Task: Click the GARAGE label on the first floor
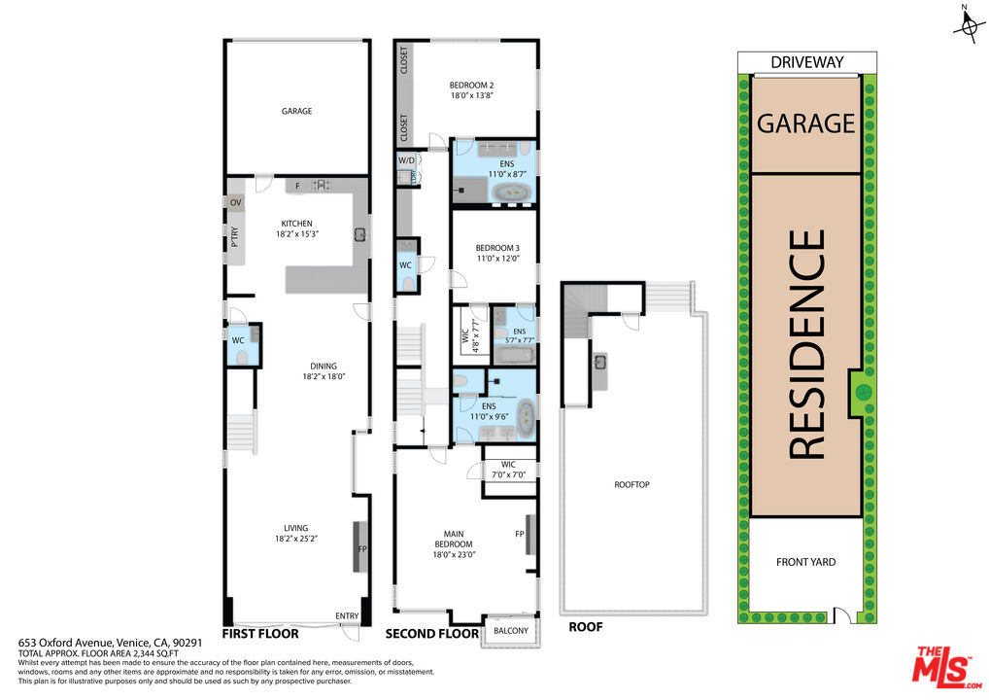pos(296,112)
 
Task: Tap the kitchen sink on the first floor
pos(359,233)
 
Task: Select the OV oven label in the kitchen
pos(235,202)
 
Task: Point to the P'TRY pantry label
pos(235,238)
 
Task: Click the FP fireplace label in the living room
pos(362,549)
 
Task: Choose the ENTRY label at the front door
pos(346,616)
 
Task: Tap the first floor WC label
pos(237,340)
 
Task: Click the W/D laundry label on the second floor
pos(406,160)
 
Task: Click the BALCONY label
pos(511,631)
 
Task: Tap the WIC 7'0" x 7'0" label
pos(508,470)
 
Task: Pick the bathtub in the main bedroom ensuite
pos(525,419)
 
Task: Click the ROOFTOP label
pos(631,484)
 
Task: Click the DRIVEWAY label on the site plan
pos(806,62)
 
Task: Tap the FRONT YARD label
pos(805,562)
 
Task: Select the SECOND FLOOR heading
pos(432,634)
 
